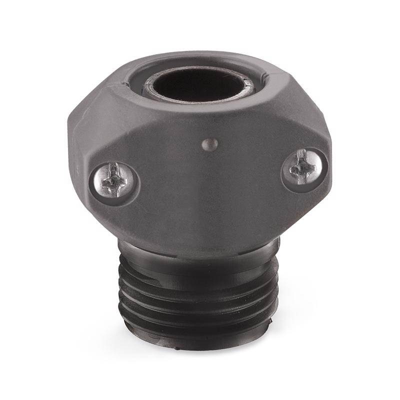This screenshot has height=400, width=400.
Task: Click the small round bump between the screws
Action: point(210,144)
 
